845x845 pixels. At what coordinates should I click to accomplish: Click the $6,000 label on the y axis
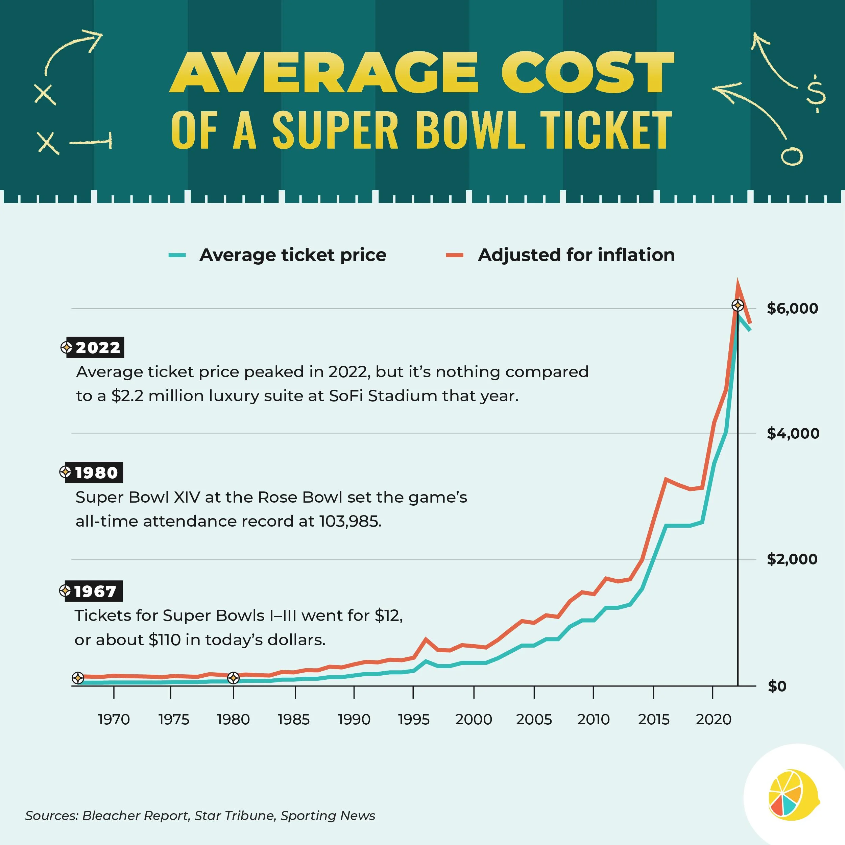point(792,308)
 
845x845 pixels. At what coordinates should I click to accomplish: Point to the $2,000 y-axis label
point(792,559)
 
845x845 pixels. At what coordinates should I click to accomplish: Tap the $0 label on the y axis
point(777,686)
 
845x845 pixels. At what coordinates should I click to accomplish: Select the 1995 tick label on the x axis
point(413,720)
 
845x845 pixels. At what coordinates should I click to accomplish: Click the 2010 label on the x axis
point(593,720)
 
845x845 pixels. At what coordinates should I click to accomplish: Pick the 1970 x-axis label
point(114,720)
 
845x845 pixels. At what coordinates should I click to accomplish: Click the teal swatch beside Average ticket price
point(177,255)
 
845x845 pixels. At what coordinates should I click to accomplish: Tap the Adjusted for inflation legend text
point(576,255)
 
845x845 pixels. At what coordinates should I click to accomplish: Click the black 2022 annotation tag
point(95,347)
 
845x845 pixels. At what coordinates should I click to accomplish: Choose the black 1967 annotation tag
point(94,591)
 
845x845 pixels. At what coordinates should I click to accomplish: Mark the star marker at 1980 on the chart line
point(234,678)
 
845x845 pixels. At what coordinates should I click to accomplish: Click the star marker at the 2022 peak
point(738,305)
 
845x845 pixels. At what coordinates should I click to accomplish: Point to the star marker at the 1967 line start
point(78,678)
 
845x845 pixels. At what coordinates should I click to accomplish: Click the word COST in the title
point(587,73)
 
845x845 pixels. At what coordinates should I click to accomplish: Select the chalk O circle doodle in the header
point(792,156)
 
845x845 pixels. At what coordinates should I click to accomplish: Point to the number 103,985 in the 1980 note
point(350,521)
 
